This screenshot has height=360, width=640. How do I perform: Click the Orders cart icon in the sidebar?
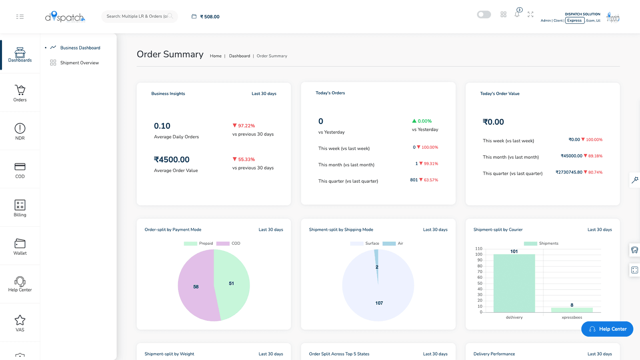pyautogui.click(x=20, y=90)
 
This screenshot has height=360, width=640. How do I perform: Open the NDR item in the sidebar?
pyautogui.click(x=20, y=132)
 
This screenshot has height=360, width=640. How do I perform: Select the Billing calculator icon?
pyautogui.click(x=20, y=205)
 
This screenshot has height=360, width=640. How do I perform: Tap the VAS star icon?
pyautogui.click(x=20, y=320)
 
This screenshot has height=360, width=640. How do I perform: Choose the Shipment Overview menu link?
pyautogui.click(x=80, y=63)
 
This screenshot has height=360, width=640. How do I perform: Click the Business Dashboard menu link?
pyautogui.click(x=80, y=48)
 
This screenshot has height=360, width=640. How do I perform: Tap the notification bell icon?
pyautogui.click(x=517, y=14)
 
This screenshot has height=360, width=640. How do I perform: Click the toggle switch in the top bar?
pyautogui.click(x=484, y=14)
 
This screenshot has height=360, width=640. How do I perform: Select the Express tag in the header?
pyautogui.click(x=574, y=20)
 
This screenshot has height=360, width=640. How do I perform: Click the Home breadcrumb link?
pyautogui.click(x=216, y=56)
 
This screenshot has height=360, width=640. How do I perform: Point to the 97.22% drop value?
pyautogui.click(x=244, y=126)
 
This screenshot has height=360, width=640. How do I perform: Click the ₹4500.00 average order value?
pyautogui.click(x=172, y=160)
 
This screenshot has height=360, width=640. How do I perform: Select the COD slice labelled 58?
pyautogui.click(x=196, y=286)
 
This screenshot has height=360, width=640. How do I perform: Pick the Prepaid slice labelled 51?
pyautogui.click(x=232, y=283)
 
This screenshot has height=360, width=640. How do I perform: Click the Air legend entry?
pyautogui.click(x=393, y=244)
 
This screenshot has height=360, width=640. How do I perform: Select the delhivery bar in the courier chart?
pyautogui.click(x=514, y=283)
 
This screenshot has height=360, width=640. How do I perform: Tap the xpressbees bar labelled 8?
pyautogui.click(x=572, y=310)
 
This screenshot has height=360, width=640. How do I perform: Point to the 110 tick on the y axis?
pyautogui.click(x=478, y=248)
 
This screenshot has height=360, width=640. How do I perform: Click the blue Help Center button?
pyautogui.click(x=607, y=329)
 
